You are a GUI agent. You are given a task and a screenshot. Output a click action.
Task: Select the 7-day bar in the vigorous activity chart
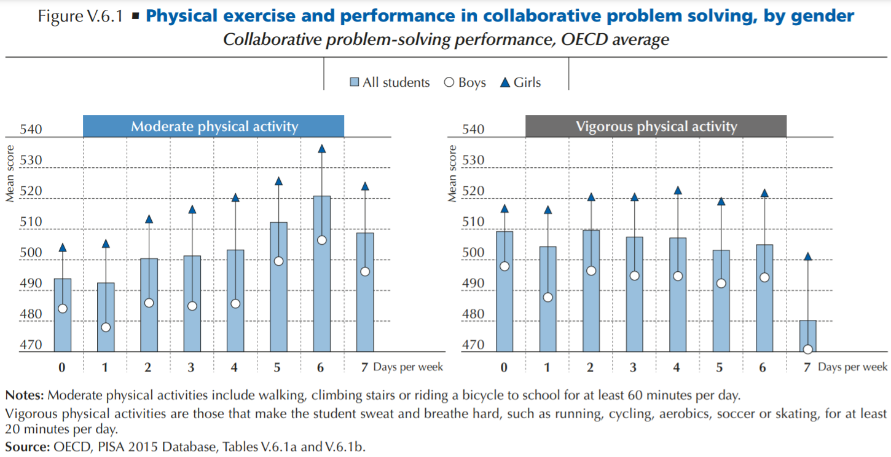point(807,335)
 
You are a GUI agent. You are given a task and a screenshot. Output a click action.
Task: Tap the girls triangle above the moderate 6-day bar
point(321,149)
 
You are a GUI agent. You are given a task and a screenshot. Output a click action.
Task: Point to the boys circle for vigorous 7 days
point(807,349)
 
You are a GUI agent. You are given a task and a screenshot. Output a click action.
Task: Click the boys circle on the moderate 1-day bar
point(106,327)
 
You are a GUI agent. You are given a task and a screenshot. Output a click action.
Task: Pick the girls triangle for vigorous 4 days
point(678,191)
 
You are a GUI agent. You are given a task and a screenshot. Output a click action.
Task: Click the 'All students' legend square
point(355,82)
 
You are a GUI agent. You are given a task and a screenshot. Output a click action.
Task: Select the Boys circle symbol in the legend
point(449,82)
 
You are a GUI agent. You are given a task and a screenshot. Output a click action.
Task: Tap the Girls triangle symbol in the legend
point(506,82)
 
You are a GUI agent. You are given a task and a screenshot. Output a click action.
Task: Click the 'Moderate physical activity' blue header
point(214,127)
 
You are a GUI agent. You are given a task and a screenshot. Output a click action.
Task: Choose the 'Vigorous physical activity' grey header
point(656,127)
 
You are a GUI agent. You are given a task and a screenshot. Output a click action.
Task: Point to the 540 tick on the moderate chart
point(31,130)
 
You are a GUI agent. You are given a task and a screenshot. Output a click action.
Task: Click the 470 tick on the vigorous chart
point(473,345)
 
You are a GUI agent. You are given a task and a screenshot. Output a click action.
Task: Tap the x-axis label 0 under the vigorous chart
point(504,367)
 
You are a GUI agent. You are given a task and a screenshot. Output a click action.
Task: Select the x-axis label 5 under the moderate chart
point(278,367)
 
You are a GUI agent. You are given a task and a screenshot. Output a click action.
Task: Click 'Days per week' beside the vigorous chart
point(852,367)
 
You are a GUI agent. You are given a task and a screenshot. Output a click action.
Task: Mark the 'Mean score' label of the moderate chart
point(10,174)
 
